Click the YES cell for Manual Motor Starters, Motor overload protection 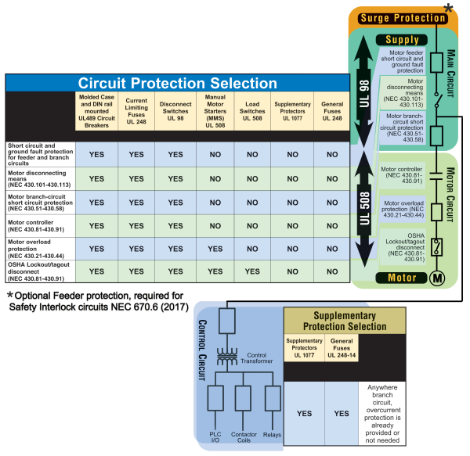214,249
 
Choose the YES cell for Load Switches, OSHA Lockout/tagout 253,271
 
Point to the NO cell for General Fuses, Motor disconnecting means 329,178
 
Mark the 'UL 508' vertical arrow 362,213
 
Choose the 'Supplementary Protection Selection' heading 344,319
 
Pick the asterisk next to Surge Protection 449,9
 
